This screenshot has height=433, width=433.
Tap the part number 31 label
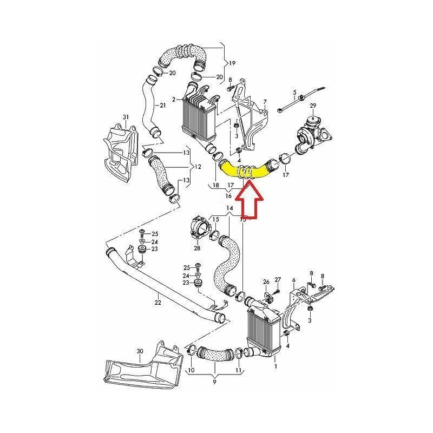point(126,117)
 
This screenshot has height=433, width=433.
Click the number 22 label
point(158,303)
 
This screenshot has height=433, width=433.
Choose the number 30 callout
point(140,351)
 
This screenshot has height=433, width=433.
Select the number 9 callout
point(215,382)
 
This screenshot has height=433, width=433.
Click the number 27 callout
point(278,279)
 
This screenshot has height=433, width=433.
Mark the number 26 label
point(266,282)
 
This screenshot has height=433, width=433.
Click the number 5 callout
point(296,93)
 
